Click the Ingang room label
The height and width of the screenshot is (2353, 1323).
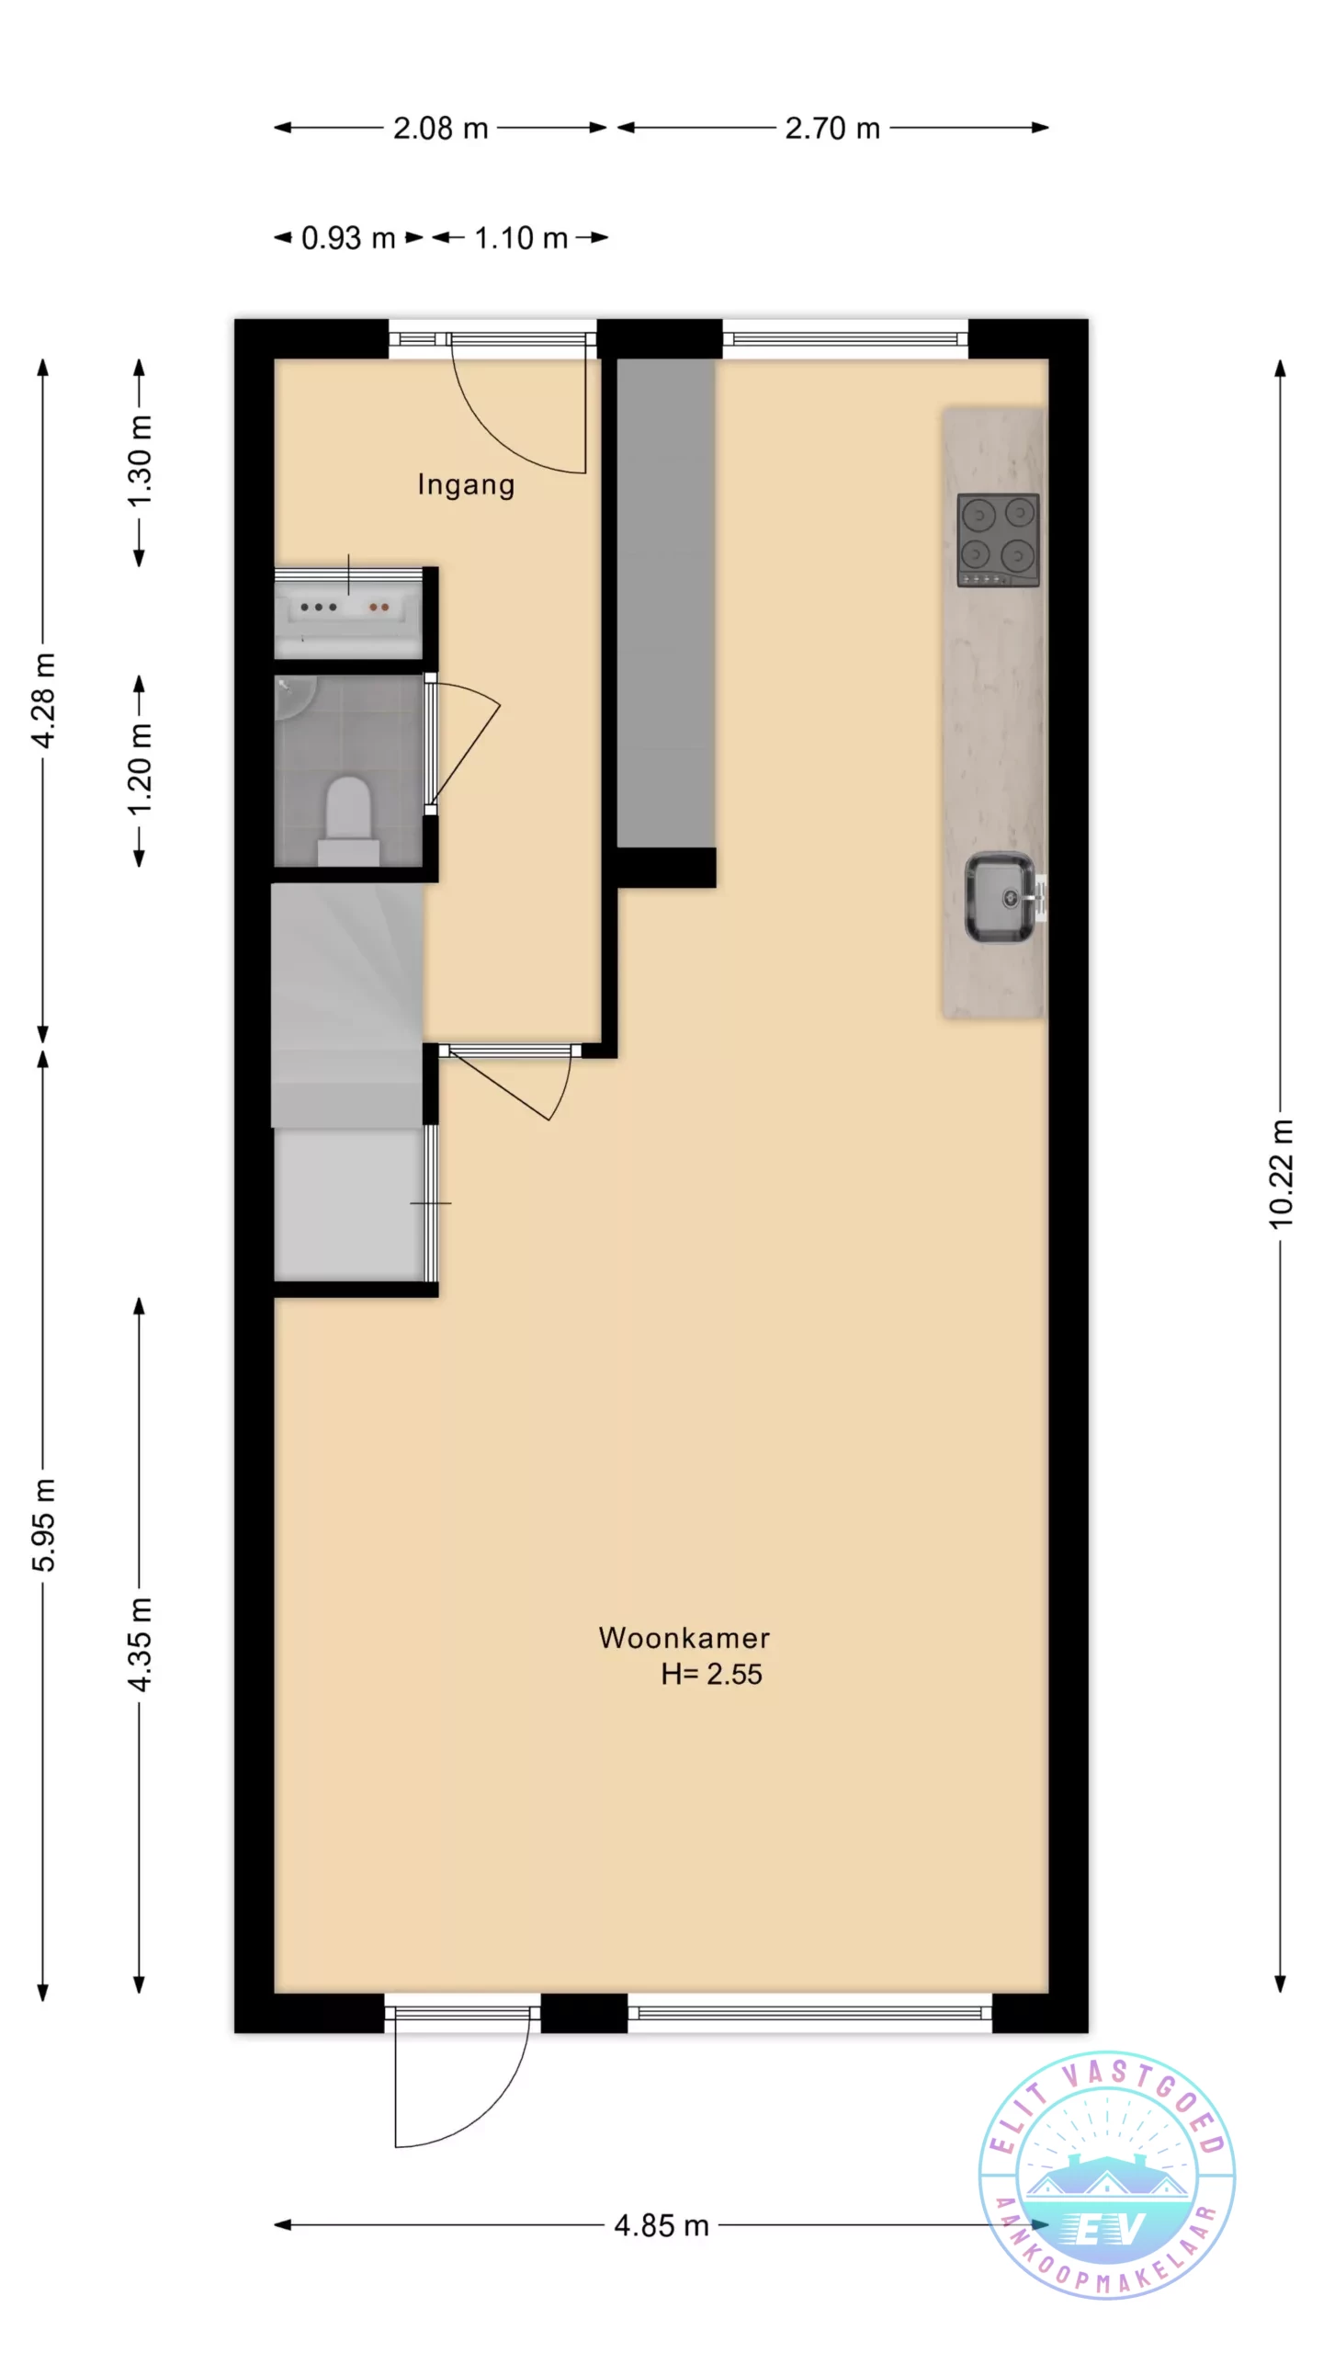466,484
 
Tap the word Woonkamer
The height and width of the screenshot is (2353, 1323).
684,1637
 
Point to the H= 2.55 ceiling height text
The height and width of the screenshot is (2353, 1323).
711,1674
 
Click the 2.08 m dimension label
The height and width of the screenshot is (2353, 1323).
440,128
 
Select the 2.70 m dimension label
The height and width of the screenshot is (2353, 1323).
832,128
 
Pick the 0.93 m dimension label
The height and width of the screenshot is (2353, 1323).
348,238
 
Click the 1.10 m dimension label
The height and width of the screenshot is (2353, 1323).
521,238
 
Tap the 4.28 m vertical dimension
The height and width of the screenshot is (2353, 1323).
43,700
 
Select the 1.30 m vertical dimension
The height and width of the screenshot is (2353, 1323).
140,460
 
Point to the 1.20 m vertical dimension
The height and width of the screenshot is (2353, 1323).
140,768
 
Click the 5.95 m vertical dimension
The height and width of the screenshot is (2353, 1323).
43,1525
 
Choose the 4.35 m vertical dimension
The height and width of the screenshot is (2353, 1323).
140,1644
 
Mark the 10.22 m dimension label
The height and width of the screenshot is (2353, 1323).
1281,1174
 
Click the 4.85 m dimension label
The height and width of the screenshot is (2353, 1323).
661,2225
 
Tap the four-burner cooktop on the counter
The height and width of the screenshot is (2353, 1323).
998,540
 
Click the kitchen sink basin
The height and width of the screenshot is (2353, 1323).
1000,898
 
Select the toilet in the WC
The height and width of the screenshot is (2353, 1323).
348,820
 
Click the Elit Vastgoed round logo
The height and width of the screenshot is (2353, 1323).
1107,2176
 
